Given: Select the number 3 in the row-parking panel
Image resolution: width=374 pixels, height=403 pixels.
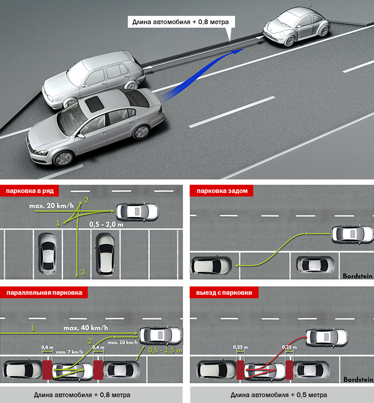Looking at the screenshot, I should [x=82, y=272].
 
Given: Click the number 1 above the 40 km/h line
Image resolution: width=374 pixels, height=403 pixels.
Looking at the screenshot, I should [x=33, y=327].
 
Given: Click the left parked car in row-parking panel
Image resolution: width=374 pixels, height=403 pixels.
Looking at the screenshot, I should [x=47, y=253].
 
